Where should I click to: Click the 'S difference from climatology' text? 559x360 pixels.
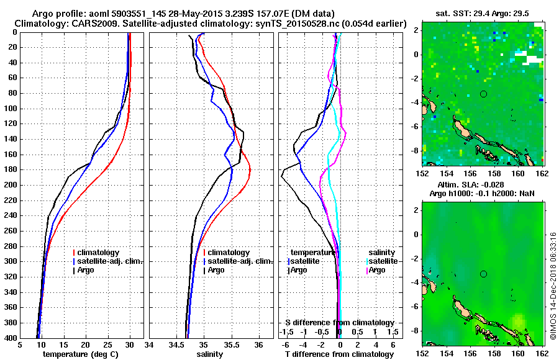click(339, 323)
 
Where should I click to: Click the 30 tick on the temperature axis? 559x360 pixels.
click(130, 344)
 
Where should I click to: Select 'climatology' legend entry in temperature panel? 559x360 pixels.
click(98, 253)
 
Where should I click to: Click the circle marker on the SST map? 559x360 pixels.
click(483, 94)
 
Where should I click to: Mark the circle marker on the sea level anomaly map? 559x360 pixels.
click(483, 274)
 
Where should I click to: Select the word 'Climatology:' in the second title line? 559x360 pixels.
click(42, 24)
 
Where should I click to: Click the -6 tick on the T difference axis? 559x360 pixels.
click(286, 344)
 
